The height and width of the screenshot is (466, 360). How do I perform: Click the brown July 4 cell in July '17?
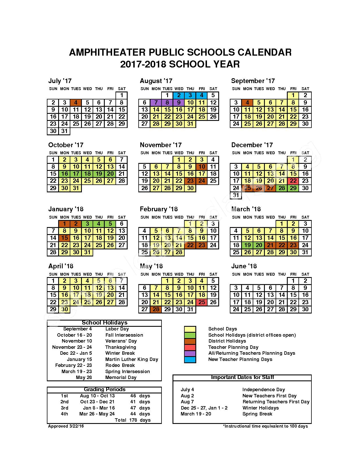[76, 103]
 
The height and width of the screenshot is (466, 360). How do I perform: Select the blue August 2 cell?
[179, 95]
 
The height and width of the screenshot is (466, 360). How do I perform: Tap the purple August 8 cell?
[167, 103]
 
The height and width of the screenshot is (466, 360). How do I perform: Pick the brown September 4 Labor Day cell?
[247, 103]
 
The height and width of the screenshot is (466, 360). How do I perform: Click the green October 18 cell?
[88, 174]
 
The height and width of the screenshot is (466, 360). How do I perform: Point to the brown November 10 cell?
[202, 167]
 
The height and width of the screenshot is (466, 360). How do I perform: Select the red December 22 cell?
[293, 181]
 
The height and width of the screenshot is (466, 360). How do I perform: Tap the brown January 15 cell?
[65, 238]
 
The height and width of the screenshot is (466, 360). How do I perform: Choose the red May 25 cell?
[202, 302]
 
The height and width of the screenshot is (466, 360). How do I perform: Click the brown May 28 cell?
[156, 309]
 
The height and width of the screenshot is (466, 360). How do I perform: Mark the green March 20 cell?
[259, 245]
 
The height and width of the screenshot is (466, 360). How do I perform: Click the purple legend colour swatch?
[190, 353]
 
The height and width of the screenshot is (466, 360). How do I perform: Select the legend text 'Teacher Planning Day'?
[233, 347]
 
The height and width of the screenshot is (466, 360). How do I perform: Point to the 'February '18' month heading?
[159, 209]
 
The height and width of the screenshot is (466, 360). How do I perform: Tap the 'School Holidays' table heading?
[104, 323]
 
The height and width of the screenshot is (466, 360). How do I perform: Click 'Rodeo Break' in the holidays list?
[120, 365]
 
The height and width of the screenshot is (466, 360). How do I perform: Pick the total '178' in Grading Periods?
[133, 420]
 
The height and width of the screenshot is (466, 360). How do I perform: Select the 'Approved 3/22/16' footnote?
[66, 426]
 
